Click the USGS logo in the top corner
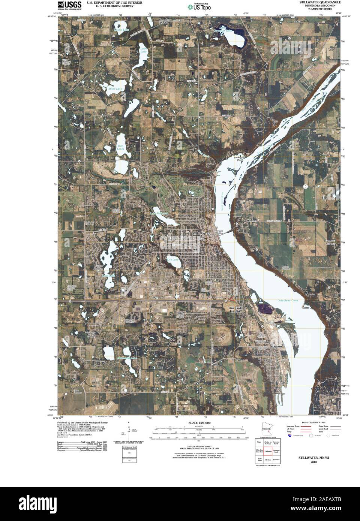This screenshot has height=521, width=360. coord(70,5)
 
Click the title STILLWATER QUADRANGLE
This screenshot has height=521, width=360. coord(320,2)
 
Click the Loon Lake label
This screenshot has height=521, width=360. coord(143,50)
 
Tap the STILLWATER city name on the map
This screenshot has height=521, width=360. coord(201,233)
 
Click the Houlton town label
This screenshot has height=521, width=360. coord(252,221)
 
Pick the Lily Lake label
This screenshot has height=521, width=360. coord(172,259)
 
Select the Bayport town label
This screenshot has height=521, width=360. coord(276,347)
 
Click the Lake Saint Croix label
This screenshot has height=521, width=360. coord(288,301)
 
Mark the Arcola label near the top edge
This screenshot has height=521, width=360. coord(298,21)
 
